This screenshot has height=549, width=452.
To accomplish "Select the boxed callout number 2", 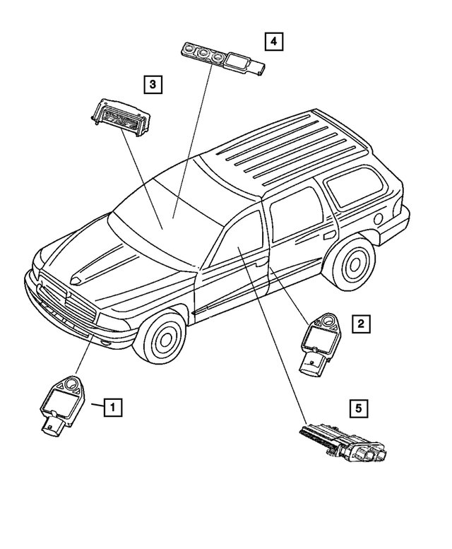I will (x=360, y=324).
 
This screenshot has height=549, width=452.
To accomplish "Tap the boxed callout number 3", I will (x=153, y=85).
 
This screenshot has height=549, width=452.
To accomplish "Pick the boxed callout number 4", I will (x=272, y=42).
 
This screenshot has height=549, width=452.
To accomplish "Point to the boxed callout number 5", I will (x=359, y=407).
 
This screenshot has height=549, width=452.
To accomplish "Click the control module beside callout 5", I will (x=342, y=442).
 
